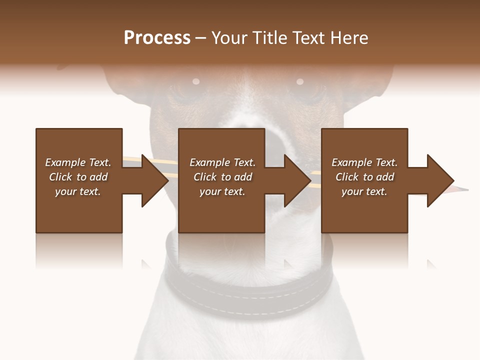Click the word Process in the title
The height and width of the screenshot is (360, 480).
[157, 38]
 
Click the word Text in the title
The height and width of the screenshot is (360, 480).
[308, 38]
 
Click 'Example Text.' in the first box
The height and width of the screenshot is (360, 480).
[78, 162]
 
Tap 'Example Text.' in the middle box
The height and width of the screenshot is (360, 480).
[222, 162]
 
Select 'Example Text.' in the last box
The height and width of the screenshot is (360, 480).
[364, 162]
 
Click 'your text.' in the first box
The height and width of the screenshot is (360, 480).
[78, 191]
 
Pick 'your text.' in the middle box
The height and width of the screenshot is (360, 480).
[222, 191]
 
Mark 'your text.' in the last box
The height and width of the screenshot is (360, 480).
[364, 191]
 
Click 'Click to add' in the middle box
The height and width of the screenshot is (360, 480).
[222, 177]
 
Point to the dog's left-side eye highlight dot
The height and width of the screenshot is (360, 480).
[196, 81]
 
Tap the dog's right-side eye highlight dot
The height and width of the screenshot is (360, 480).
[300, 81]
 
